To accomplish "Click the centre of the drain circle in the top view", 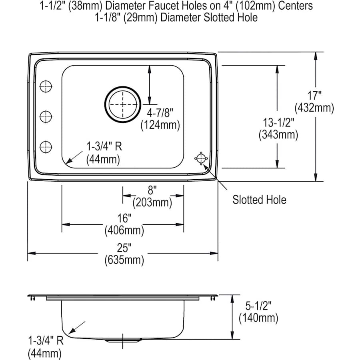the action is (x=123, y=104).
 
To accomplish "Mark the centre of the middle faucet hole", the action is (x=46, y=117).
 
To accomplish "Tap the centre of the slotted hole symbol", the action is (x=201, y=158).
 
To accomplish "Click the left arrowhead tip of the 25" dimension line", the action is (x=28, y=253).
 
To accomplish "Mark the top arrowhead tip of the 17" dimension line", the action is (x=316, y=52).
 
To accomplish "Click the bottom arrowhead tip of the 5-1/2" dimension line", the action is (x=232, y=339).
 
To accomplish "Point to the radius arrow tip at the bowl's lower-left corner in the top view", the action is (x=66, y=164).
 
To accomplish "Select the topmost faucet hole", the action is (x=46, y=86).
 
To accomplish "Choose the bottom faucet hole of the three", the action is (x=46, y=147).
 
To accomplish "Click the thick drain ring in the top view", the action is (x=123, y=104).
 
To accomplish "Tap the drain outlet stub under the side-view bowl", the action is (x=123, y=340).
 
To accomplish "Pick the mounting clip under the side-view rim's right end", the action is (x=213, y=298).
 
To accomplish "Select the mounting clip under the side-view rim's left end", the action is (x=33, y=298).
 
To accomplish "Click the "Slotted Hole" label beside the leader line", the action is (x=259, y=200).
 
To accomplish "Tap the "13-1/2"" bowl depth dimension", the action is (x=278, y=122).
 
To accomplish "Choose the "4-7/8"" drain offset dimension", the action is (x=160, y=113).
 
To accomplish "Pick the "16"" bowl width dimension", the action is (x=124, y=218).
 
